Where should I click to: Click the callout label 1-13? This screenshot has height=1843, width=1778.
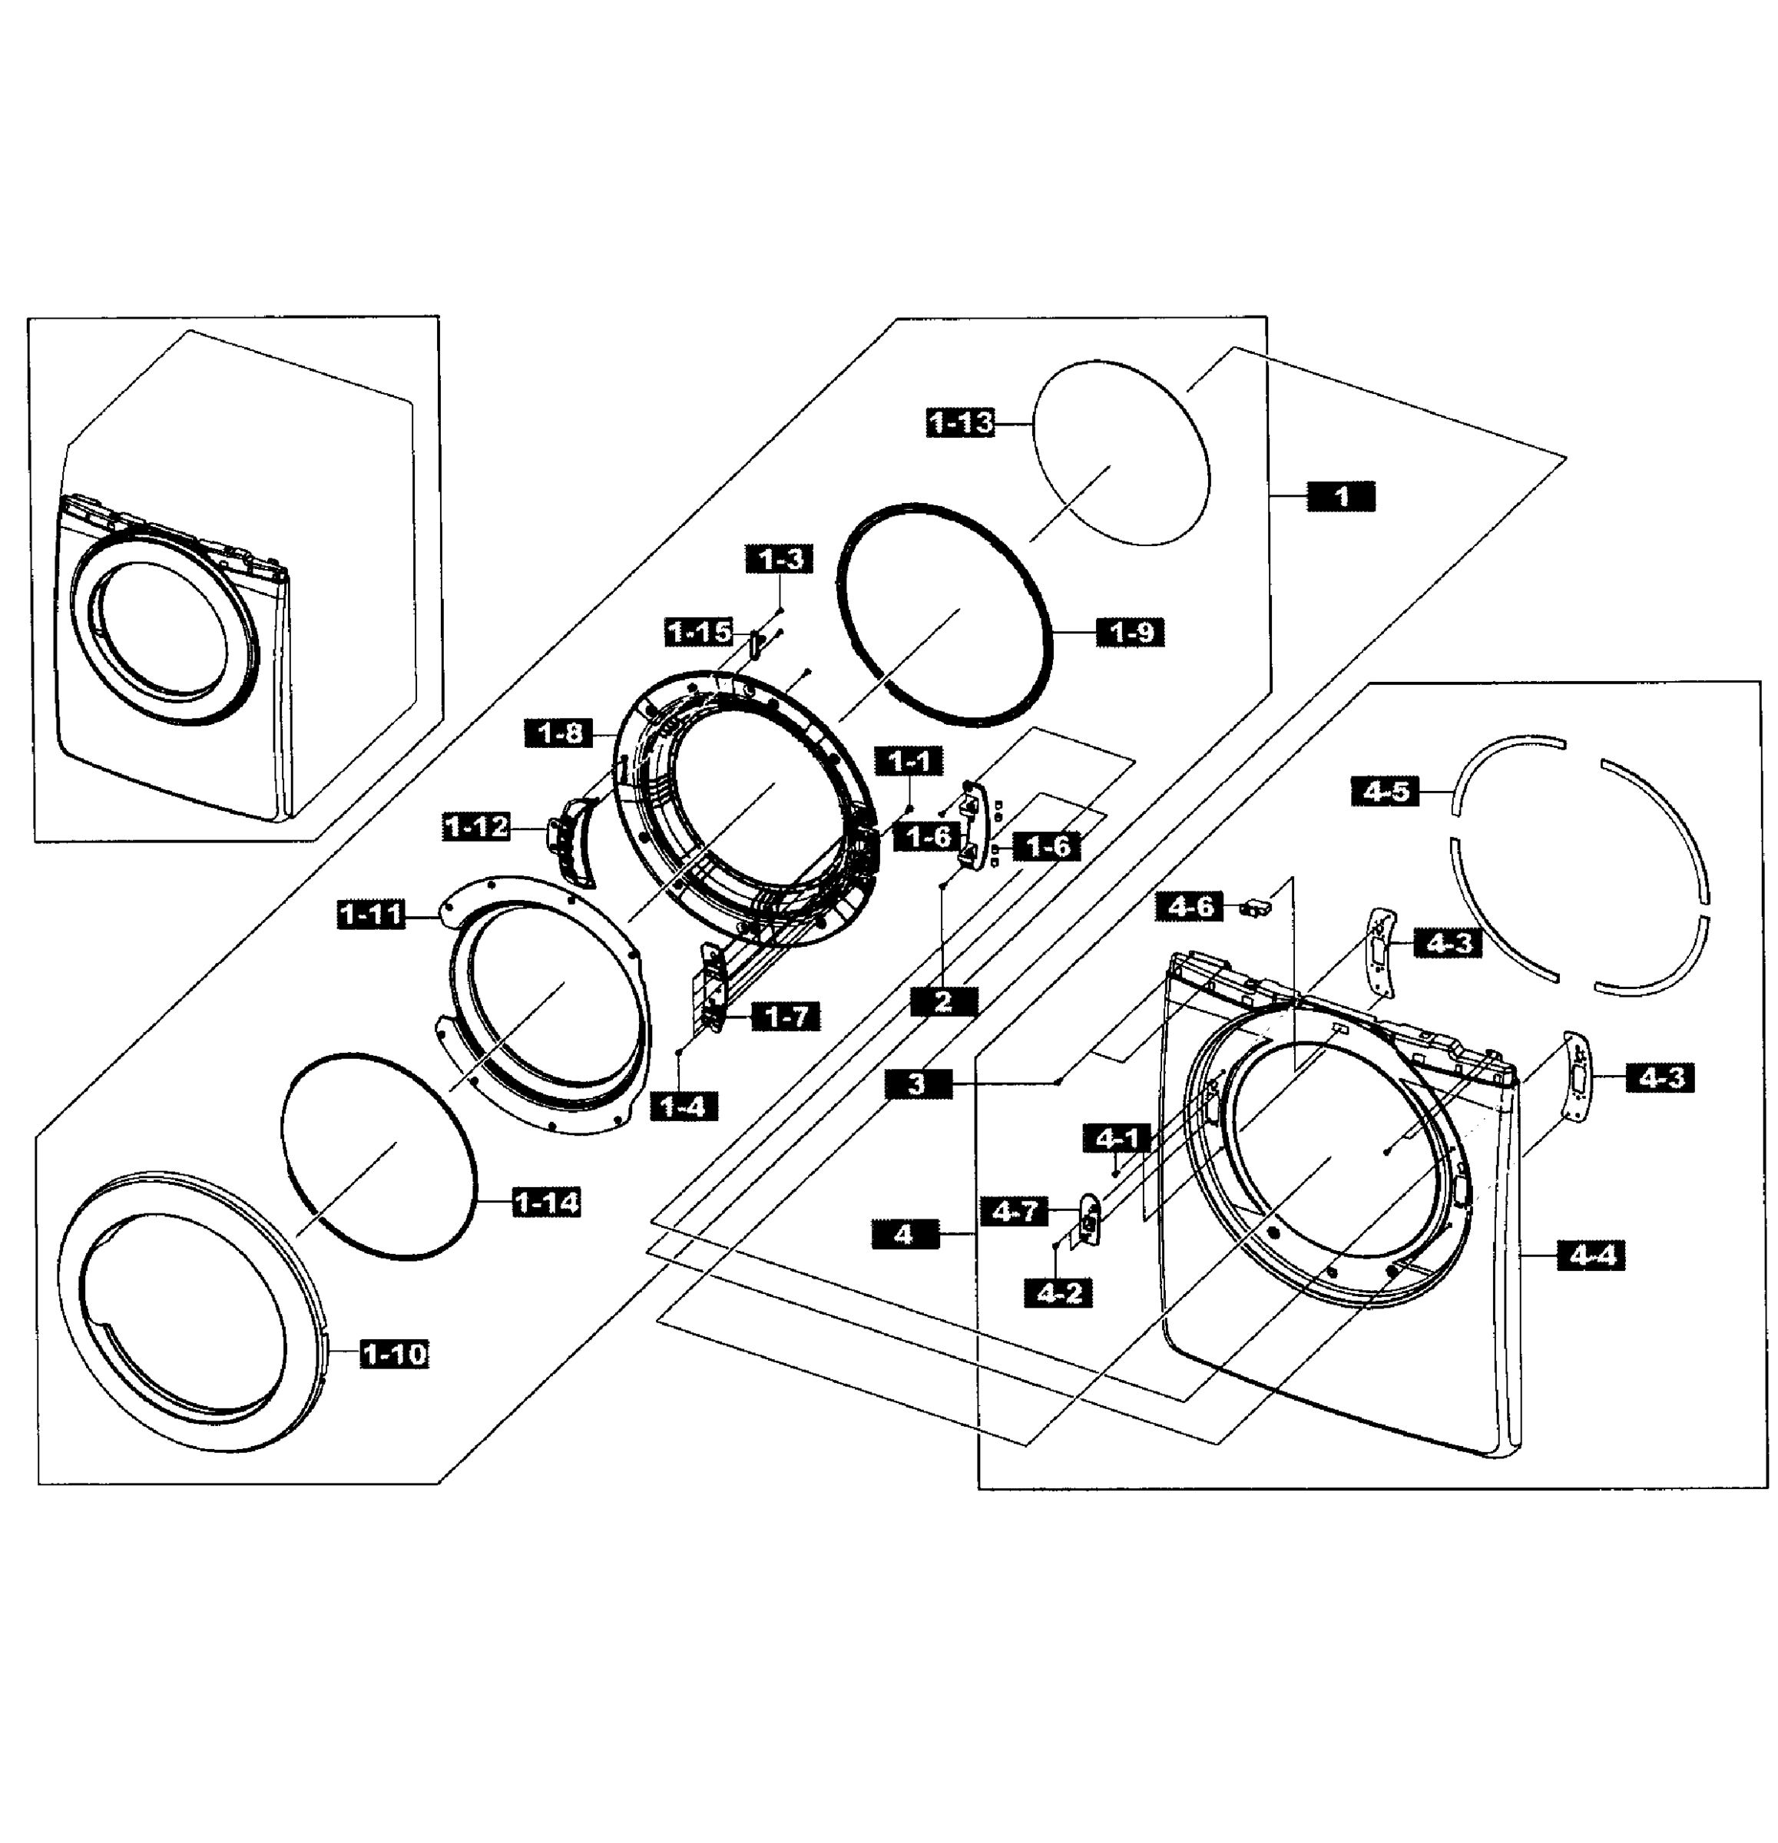[x=960, y=423]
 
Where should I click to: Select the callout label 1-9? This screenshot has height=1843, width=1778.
[x=1131, y=632]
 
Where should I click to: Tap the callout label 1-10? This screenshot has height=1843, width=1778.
[x=394, y=1354]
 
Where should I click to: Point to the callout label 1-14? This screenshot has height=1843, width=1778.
[x=546, y=1202]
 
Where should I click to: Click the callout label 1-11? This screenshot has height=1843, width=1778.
[x=370, y=913]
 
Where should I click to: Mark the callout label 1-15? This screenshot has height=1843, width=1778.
[x=699, y=632]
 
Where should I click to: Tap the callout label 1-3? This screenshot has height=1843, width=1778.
[x=780, y=560]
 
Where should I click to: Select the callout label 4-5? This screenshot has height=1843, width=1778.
[x=1385, y=791]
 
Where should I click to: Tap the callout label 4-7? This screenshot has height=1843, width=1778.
[x=1015, y=1211]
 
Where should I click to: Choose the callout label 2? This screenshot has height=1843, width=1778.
[x=943, y=1001]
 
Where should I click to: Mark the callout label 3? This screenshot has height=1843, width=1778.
[x=918, y=1084]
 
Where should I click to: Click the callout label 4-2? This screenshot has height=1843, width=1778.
[x=1058, y=1293]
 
